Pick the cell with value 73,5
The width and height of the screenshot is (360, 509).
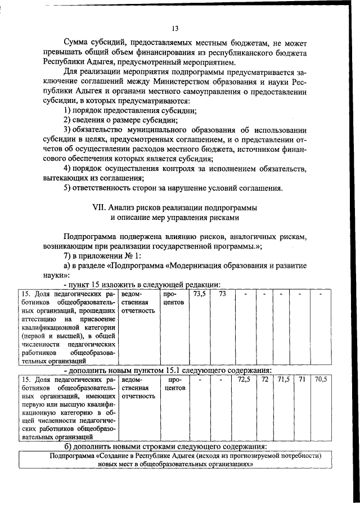pos(199,294)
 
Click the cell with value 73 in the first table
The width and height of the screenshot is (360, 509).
pos(222,294)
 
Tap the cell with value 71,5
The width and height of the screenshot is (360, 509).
pos(283,380)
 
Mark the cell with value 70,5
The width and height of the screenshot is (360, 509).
pos(321,380)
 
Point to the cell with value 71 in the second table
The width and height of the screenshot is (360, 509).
pos(302,380)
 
